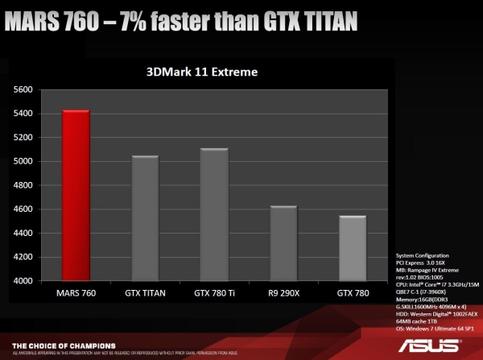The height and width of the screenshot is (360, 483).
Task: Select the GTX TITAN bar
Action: tap(146, 218)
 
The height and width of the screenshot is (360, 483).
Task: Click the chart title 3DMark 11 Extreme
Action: tap(201, 72)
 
